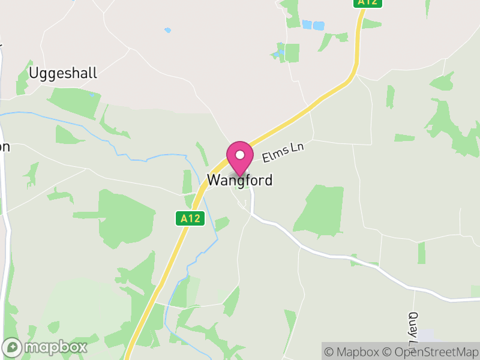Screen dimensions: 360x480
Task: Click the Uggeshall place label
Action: [x=63, y=73]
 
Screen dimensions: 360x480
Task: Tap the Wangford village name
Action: [x=239, y=180]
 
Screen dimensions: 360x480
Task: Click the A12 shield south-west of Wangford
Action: [x=191, y=219]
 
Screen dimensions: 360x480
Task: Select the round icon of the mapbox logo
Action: [x=13, y=347]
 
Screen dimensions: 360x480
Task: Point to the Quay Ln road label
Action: [x=412, y=330]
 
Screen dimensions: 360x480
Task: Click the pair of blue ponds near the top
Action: [x=313, y=25]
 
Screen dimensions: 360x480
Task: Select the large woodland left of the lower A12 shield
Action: [x=126, y=216]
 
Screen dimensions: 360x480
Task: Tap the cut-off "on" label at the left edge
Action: [x=5, y=147]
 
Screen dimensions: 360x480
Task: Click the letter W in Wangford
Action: [x=213, y=180]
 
